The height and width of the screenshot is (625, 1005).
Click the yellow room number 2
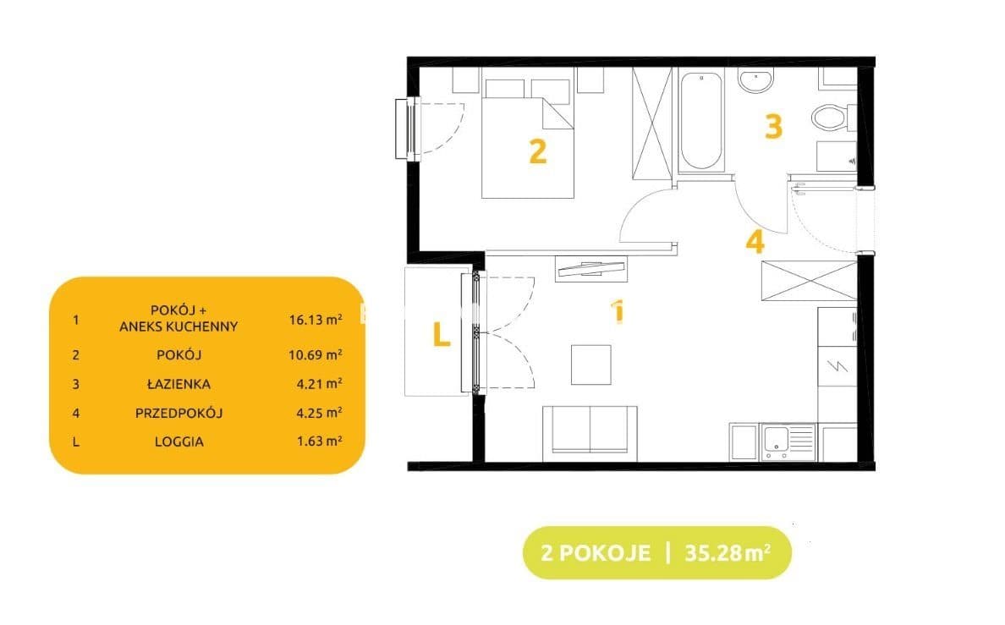(x=538, y=152)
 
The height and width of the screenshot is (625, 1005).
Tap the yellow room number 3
(x=773, y=126)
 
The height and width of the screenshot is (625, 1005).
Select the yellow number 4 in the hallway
(x=755, y=242)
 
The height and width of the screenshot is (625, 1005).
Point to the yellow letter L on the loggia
(x=441, y=334)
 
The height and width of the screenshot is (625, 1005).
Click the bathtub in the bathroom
(x=701, y=121)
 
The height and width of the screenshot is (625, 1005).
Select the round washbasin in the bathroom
(x=755, y=80)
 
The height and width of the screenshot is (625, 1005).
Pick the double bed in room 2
(x=528, y=139)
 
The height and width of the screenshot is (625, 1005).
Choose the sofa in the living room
(x=590, y=433)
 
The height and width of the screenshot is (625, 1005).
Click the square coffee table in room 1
(x=591, y=365)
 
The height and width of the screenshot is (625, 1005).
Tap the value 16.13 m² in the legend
(x=316, y=319)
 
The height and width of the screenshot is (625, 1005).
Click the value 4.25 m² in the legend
(x=319, y=412)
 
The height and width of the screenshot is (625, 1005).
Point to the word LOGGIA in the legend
(x=178, y=441)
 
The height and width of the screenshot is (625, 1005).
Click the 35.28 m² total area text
(x=728, y=552)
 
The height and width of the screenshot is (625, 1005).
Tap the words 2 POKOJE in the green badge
(x=596, y=552)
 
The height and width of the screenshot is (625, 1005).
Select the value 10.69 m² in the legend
(x=316, y=354)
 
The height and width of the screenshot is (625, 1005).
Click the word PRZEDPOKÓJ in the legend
(x=178, y=413)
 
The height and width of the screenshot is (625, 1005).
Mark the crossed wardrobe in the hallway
(x=809, y=280)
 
